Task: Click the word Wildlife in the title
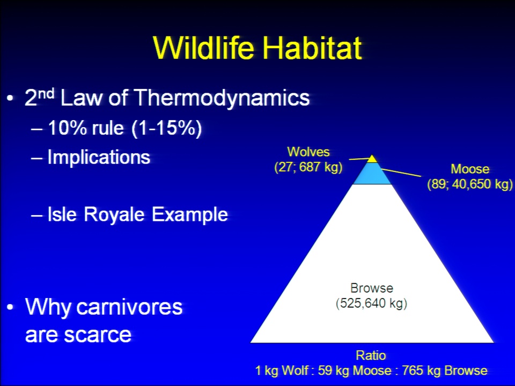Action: (x=204, y=48)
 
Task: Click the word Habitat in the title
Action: (x=312, y=48)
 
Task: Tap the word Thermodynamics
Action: (x=222, y=98)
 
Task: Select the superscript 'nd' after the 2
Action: (x=46, y=93)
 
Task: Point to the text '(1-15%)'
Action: (x=166, y=128)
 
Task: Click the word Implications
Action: (x=99, y=157)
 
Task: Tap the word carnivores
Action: (x=129, y=307)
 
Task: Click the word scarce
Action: (x=98, y=335)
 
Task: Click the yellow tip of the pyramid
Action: (x=372, y=159)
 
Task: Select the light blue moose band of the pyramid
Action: (x=372, y=173)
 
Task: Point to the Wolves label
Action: (x=308, y=152)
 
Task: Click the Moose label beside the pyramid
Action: (x=470, y=169)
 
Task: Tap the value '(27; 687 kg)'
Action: (x=308, y=167)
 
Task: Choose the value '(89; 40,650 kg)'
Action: (x=470, y=184)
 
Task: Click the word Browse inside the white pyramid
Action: (x=371, y=288)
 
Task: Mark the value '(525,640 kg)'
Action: (x=371, y=303)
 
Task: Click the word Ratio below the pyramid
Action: (x=371, y=355)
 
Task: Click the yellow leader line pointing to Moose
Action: (x=401, y=173)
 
